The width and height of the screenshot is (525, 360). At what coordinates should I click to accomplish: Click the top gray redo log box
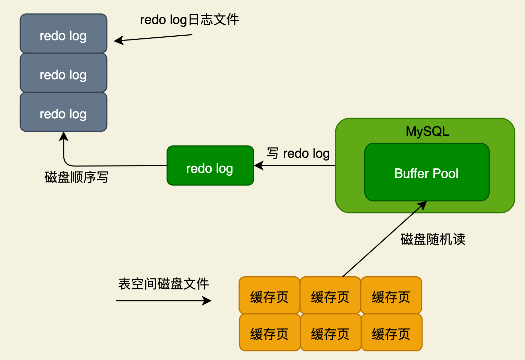(63, 34)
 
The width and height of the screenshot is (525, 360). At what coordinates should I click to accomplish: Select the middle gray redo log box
(63, 73)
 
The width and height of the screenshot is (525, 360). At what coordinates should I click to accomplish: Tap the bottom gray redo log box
(63, 112)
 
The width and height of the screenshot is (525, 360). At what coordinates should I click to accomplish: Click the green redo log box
(210, 166)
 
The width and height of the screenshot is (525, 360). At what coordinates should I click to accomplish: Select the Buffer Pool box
(427, 172)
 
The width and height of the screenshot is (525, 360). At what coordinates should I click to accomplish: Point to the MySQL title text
(427, 131)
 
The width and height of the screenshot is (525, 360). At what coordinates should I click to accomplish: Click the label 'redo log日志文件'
(189, 20)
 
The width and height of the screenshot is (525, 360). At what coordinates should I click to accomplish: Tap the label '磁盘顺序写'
(76, 177)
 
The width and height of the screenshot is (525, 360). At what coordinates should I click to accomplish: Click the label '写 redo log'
(298, 153)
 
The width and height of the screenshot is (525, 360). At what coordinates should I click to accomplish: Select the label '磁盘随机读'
(432, 239)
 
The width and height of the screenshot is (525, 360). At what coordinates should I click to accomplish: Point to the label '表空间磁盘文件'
(163, 284)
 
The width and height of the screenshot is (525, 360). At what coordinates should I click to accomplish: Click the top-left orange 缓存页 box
(269, 295)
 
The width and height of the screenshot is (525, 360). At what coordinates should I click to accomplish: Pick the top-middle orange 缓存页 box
(330, 295)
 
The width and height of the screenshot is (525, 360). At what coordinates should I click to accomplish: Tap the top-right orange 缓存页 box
(391, 295)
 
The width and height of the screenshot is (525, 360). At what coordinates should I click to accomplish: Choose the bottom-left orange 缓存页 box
(269, 333)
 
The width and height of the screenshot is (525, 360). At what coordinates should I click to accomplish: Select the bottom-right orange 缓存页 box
(391, 333)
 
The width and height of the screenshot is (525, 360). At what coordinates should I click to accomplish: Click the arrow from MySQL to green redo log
(295, 166)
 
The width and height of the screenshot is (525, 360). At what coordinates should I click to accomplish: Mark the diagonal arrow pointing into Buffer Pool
(384, 239)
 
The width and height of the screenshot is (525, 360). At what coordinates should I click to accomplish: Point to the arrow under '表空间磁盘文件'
(164, 301)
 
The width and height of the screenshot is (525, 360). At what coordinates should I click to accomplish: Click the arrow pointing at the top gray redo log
(153, 38)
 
